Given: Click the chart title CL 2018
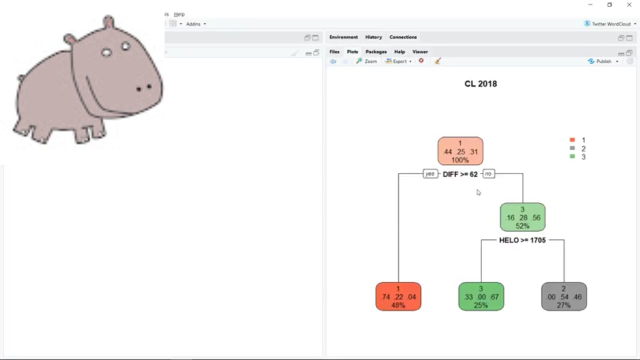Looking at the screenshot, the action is (x=480, y=83).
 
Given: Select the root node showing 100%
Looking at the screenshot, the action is (x=460, y=151).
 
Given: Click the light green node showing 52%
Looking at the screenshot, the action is (x=522, y=217).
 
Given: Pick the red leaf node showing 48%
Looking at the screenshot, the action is (x=398, y=296).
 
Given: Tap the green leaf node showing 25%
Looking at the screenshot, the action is (x=481, y=296).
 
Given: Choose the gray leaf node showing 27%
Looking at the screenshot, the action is (x=564, y=296).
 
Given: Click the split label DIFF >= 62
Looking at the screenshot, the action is (x=460, y=174).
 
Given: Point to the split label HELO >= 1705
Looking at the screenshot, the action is (x=522, y=240).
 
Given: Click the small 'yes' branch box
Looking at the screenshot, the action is (x=430, y=173).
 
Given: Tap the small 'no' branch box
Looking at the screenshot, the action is (x=488, y=173).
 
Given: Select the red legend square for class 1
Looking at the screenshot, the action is (x=572, y=139).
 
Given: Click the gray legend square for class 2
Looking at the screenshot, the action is (x=572, y=148).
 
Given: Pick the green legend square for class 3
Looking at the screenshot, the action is (x=572, y=156).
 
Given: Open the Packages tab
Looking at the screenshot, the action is (x=376, y=51).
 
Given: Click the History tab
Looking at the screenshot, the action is (x=373, y=37).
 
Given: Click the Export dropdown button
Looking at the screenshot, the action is (x=398, y=61).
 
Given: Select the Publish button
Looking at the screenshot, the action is (x=603, y=61).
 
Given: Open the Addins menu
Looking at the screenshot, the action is (x=196, y=24).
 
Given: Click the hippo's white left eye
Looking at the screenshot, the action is (x=106, y=52).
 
